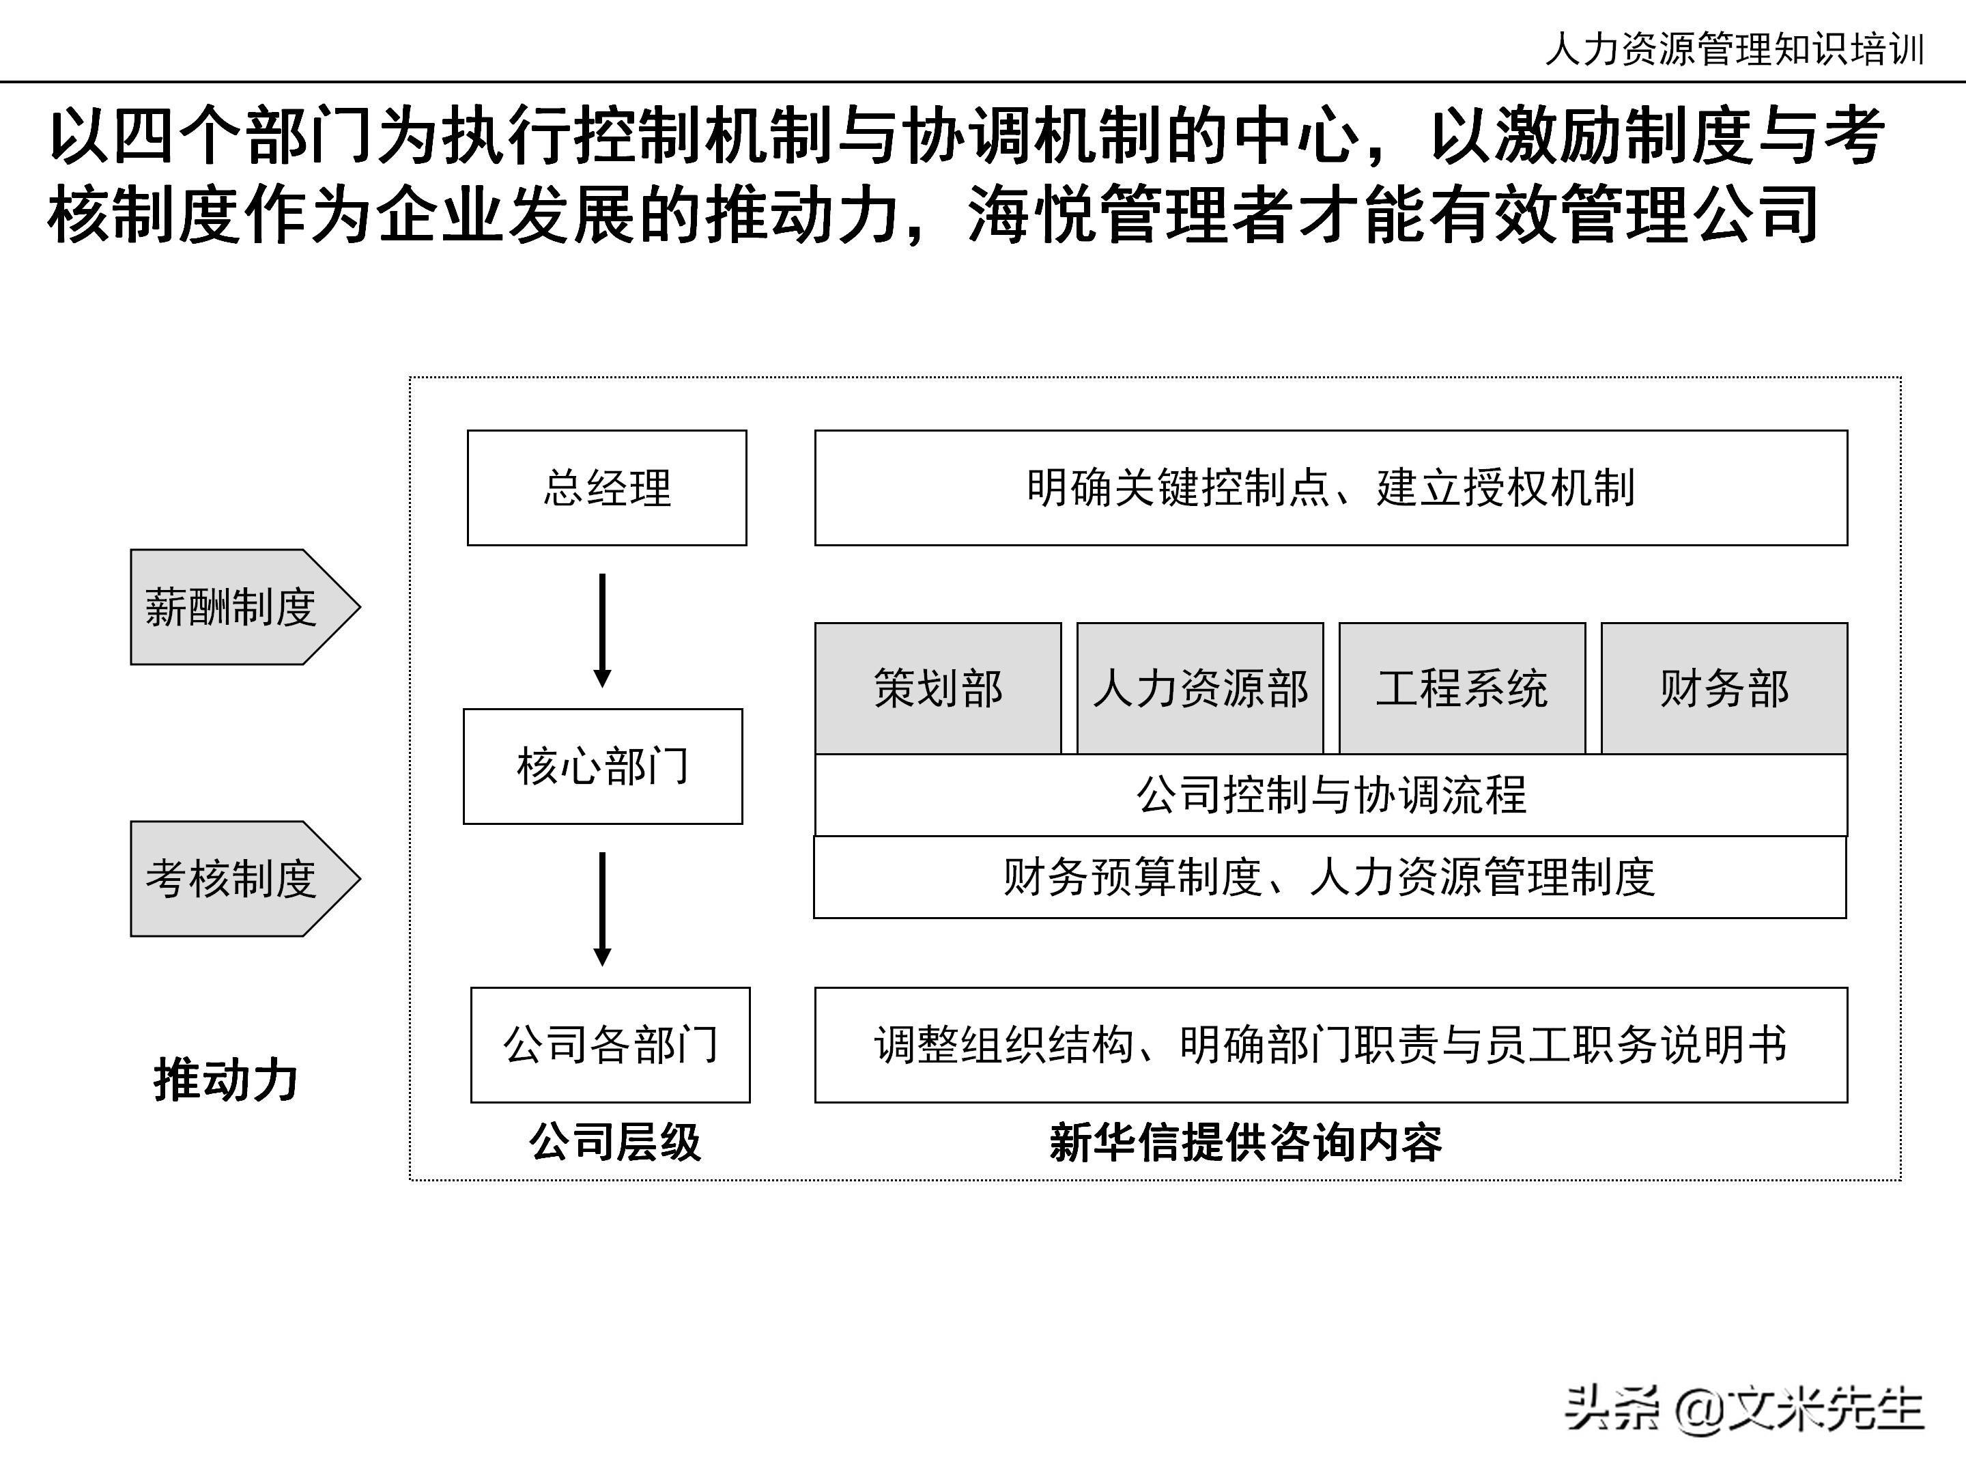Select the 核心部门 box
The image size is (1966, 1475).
tap(603, 766)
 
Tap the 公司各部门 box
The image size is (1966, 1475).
tap(610, 1045)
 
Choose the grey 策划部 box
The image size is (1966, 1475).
tap(938, 688)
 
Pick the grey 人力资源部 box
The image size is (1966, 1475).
tap(1200, 688)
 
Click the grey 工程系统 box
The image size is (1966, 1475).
tap(1462, 688)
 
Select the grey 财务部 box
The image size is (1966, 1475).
tap(1724, 688)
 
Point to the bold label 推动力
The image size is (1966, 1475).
tap(226, 1080)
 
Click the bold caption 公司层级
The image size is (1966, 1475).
tap(615, 1142)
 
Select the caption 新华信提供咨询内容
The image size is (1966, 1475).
tap(1245, 1142)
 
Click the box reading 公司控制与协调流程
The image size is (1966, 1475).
tap(1330, 795)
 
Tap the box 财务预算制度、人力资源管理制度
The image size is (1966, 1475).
tap(1330, 877)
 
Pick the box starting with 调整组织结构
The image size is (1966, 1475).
tap(1330, 1045)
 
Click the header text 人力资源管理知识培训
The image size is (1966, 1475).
tap(1734, 49)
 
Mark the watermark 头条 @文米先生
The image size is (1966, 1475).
tap(1743, 1408)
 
